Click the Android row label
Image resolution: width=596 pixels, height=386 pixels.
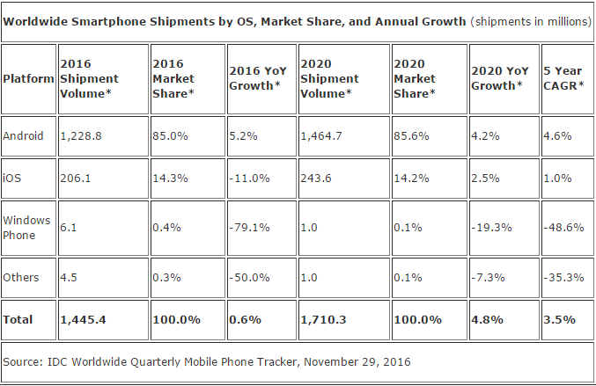(22, 136)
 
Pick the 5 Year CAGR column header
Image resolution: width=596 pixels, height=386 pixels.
(564, 78)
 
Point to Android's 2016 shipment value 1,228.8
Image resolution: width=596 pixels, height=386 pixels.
(82, 136)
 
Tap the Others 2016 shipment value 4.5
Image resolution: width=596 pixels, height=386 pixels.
(70, 278)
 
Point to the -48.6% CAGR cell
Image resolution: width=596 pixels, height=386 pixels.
(565, 226)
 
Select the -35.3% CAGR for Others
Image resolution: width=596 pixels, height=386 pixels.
(565, 278)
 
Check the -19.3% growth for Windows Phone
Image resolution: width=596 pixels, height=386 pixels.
(495, 226)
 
